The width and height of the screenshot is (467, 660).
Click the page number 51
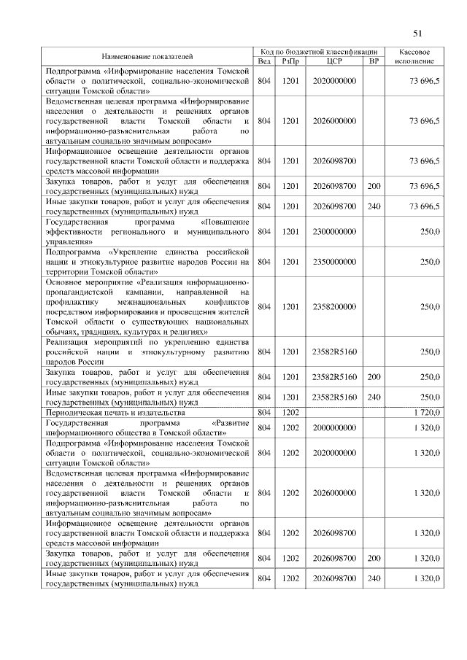click(418, 32)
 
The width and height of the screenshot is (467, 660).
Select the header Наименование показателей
click(147, 56)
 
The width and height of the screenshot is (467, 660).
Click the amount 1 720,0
click(425, 413)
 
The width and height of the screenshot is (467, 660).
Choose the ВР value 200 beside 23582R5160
click(374, 377)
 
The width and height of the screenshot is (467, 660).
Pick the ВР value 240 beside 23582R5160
click(374, 397)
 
